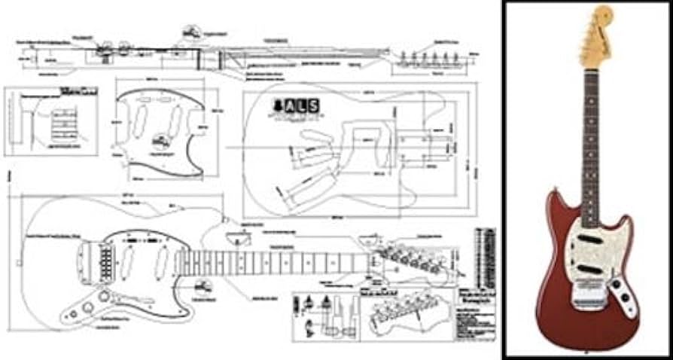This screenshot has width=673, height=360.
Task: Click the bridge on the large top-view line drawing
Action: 105,264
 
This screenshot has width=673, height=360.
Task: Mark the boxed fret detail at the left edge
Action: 50,121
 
